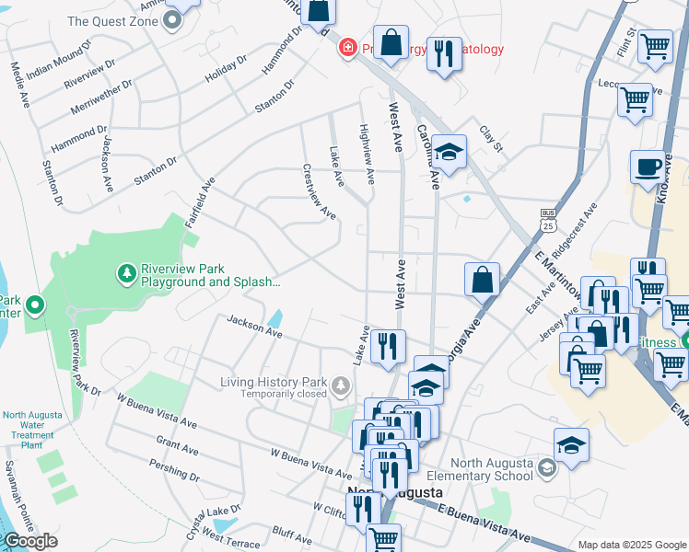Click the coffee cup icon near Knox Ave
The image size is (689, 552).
click(x=648, y=167)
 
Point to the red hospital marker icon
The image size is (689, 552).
click(x=348, y=47)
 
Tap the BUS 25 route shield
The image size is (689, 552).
click(x=547, y=220)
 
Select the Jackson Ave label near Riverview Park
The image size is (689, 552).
click(x=254, y=326)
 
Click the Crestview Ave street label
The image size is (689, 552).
click(x=319, y=191)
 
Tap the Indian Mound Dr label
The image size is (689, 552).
click(x=60, y=59)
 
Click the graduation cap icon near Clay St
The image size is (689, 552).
click(x=449, y=152)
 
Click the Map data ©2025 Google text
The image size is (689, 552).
click(x=631, y=545)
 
